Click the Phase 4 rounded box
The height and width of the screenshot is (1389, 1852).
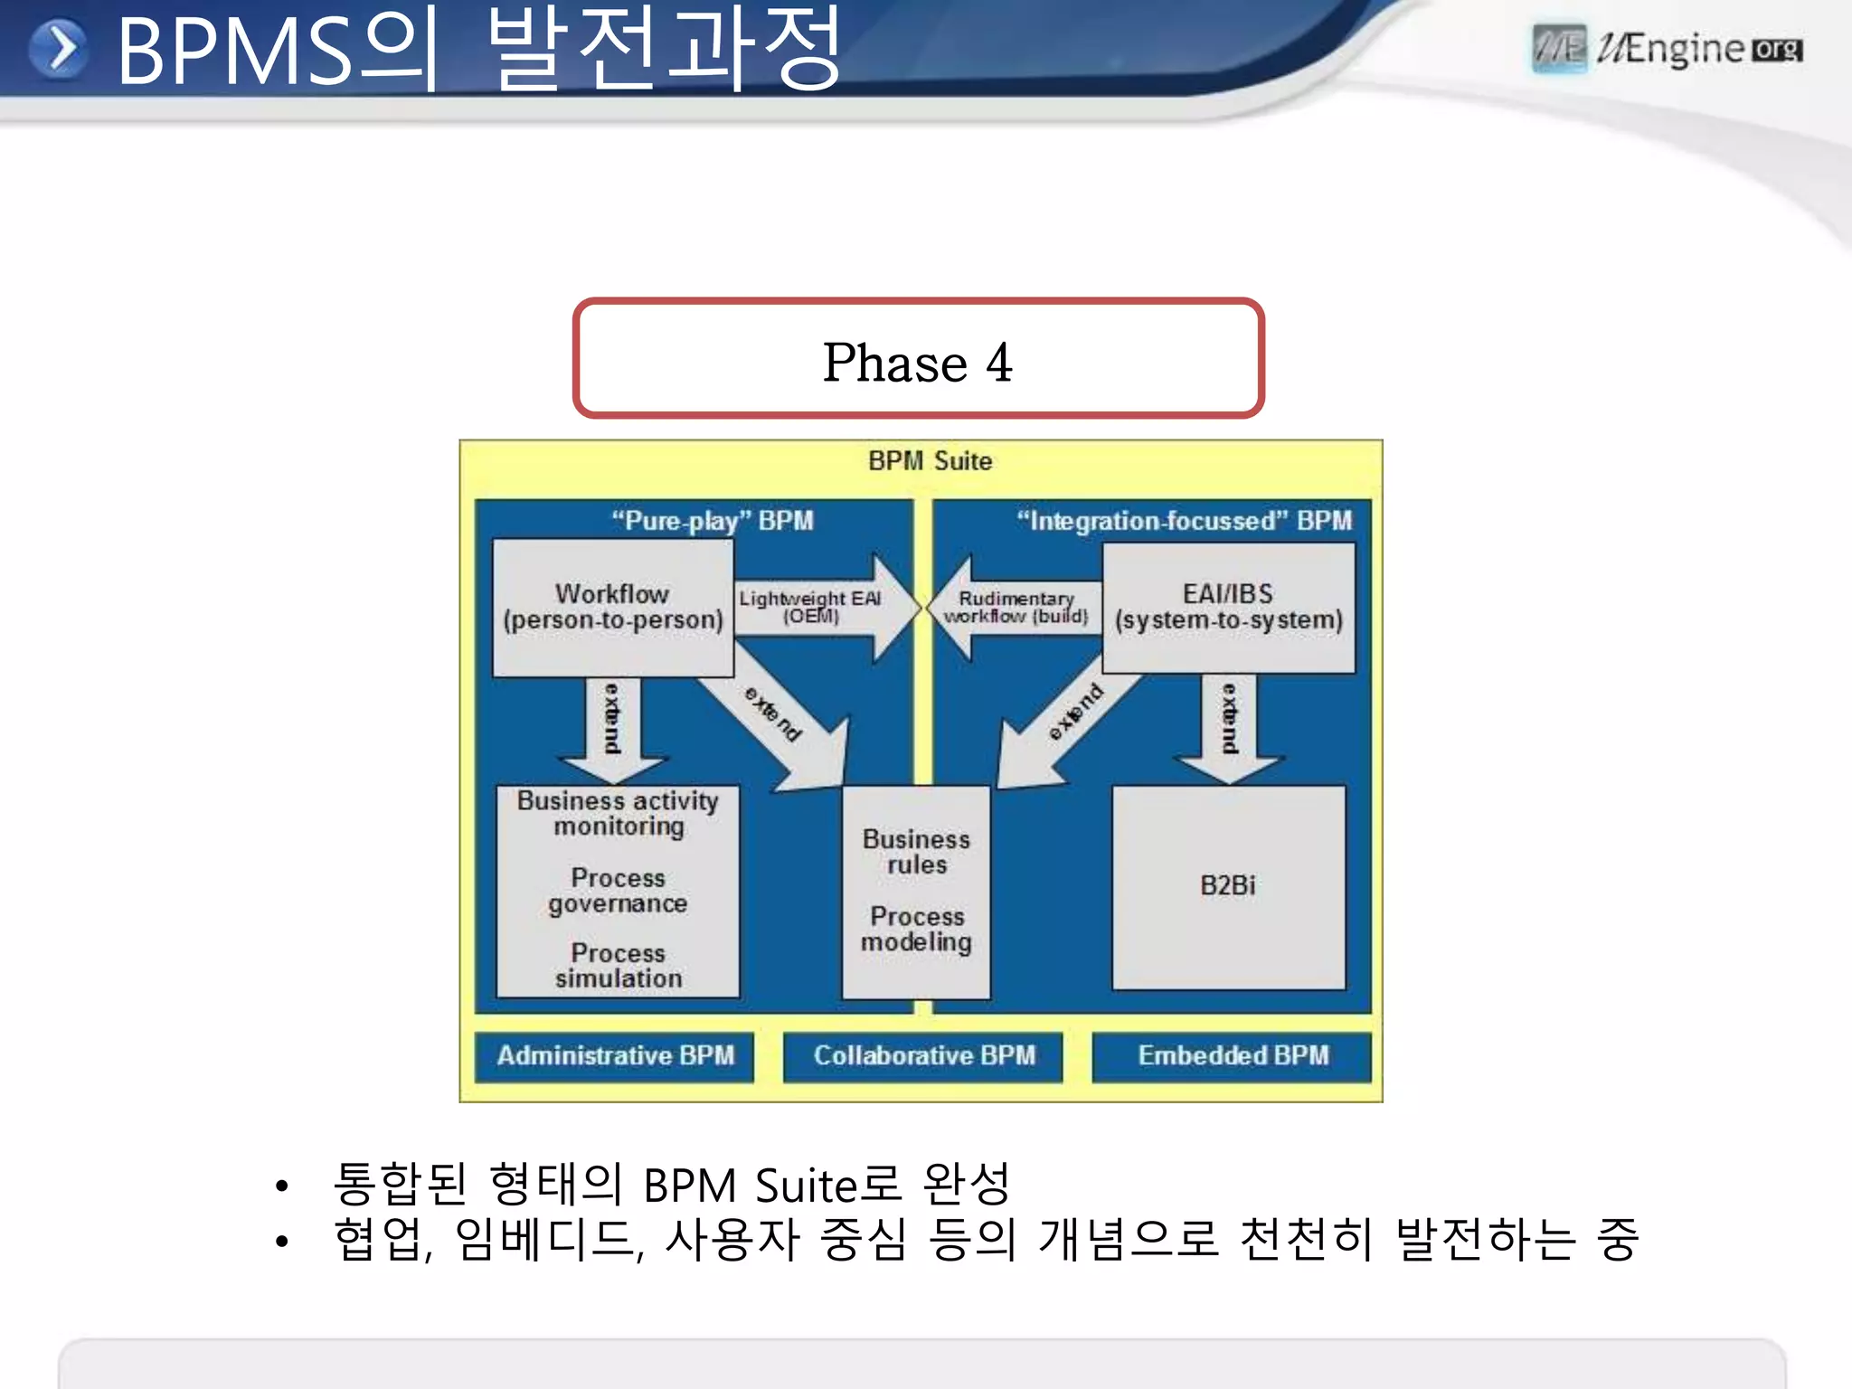[x=917, y=359]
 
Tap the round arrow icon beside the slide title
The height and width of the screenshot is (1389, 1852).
[x=59, y=49]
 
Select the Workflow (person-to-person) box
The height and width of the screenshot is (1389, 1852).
[x=612, y=608]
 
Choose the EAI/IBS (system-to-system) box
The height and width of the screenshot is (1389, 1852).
[x=1228, y=608]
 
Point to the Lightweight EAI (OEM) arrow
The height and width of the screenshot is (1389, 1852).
[x=818, y=608]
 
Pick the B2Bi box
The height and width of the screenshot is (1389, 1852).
[x=1228, y=886]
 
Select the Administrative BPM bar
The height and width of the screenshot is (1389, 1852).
[x=615, y=1056]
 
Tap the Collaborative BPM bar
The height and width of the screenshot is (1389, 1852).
[x=923, y=1056]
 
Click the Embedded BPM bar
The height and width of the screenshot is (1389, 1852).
[x=1232, y=1056]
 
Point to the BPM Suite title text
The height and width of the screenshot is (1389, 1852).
[x=930, y=461]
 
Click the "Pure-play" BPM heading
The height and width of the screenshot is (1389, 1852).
[x=713, y=521]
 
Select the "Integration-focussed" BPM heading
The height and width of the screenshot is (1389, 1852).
[x=1184, y=521]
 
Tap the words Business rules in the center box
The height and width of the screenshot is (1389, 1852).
[x=916, y=852]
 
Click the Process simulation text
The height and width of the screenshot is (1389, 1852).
[x=619, y=966]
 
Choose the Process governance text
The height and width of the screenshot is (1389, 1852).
[x=619, y=891]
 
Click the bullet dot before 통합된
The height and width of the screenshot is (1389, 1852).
[x=282, y=1186]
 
